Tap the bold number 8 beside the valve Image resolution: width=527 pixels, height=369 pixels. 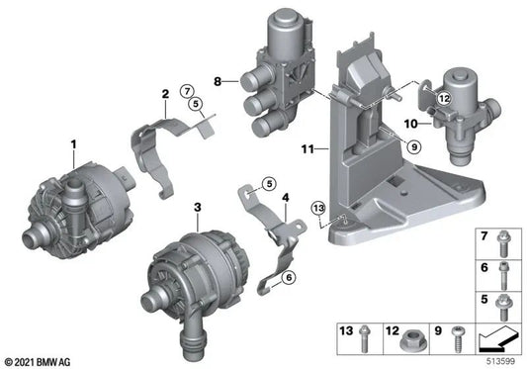(230, 76)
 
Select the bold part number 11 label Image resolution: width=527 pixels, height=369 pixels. (307, 148)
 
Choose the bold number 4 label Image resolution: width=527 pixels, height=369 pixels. (285, 199)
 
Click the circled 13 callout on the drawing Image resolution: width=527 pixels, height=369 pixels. (317, 208)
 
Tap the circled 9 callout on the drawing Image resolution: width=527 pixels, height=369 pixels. (413, 146)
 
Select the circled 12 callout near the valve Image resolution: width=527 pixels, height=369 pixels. (444, 97)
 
